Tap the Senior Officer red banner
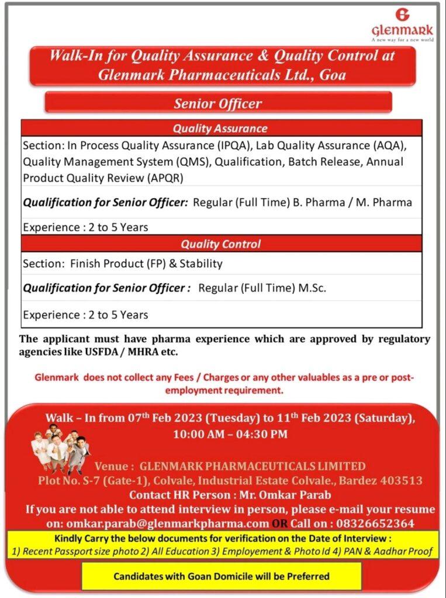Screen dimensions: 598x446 pyautogui.click(x=218, y=103)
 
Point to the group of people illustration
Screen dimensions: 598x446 pyautogui.click(x=61, y=451)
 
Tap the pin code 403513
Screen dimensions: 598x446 pyautogui.click(x=397, y=481)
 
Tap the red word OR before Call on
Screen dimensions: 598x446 pyautogui.click(x=279, y=523)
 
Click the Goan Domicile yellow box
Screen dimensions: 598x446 pyautogui.click(x=221, y=576)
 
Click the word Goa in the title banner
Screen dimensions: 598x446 pyautogui.click(x=333, y=75)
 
